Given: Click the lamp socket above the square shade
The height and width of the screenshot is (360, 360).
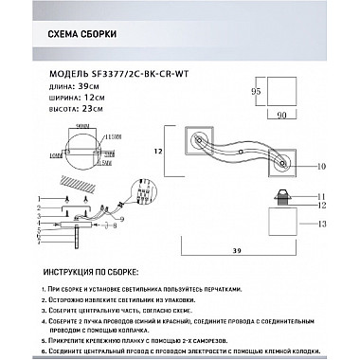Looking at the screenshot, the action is coord(281,200).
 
